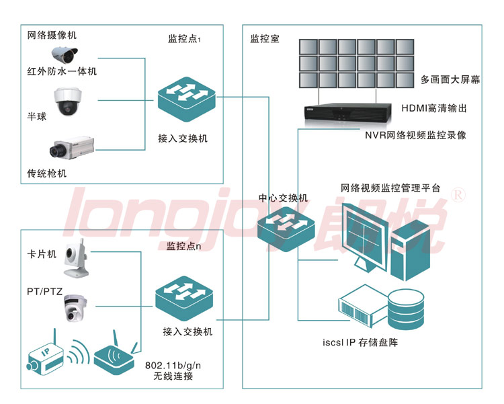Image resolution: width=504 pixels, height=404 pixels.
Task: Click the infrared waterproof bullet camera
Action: pos(65,52)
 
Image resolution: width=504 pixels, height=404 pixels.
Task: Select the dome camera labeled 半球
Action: pos(68,101)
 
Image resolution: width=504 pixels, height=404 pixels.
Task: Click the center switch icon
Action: pos(286,225)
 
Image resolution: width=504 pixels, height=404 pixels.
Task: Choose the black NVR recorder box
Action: pos(347,113)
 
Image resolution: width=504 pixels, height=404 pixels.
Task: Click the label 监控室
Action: pos(265,39)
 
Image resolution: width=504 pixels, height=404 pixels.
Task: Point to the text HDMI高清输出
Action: pos(433,108)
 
